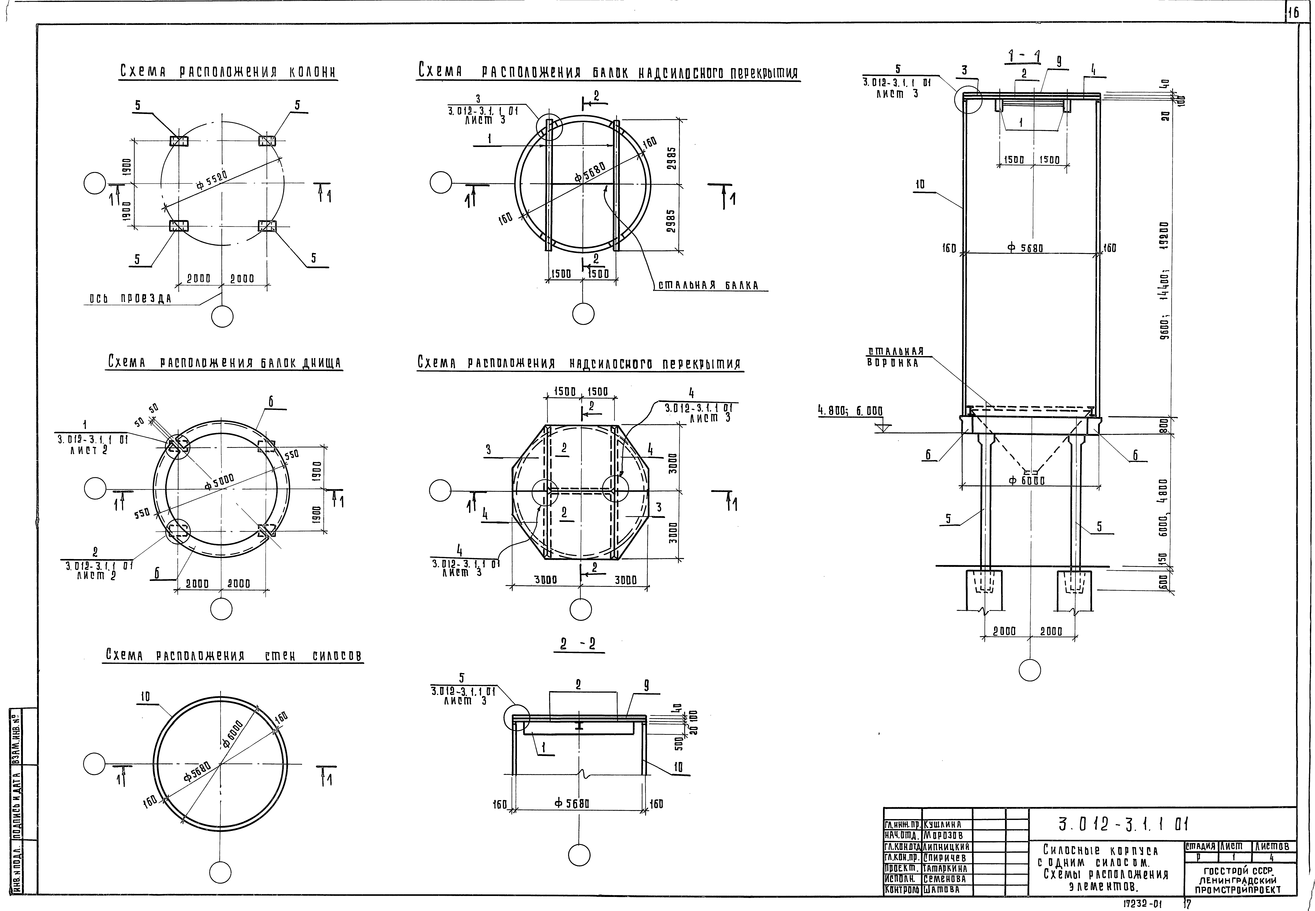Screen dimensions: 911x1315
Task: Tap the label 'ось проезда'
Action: point(130,298)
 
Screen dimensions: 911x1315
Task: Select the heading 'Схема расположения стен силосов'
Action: point(234,656)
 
